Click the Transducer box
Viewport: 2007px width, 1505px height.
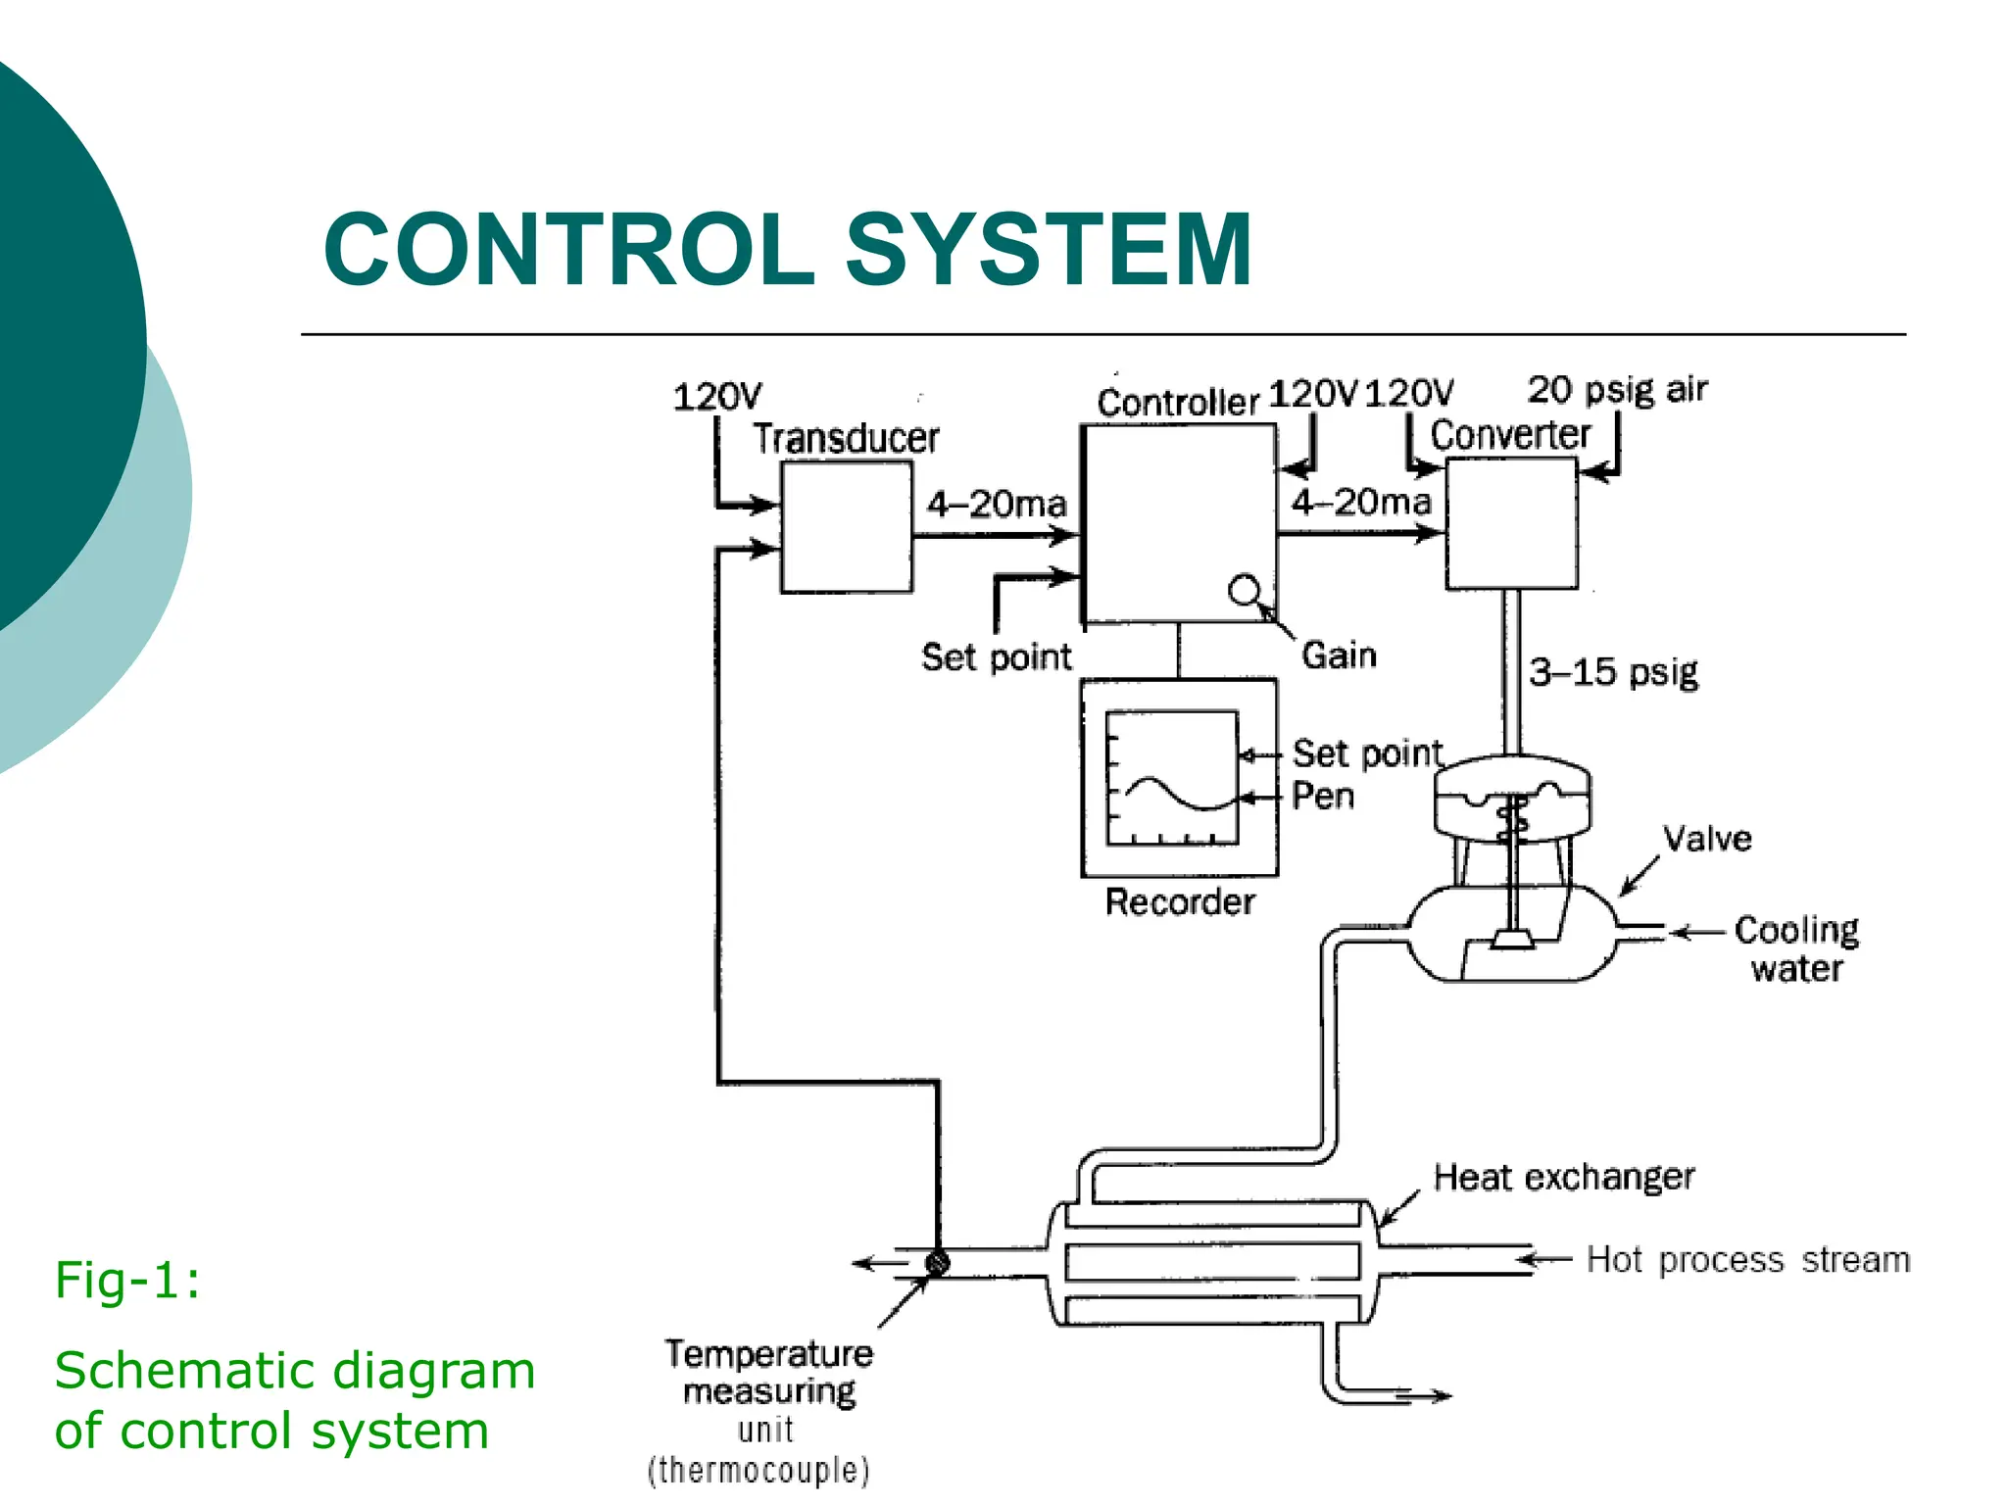[846, 527]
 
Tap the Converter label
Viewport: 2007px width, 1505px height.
[1509, 435]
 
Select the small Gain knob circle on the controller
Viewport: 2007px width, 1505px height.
[1244, 590]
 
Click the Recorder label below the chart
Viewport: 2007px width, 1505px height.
[1179, 901]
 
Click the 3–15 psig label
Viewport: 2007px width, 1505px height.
[1613, 672]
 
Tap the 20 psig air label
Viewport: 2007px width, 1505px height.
[1617, 390]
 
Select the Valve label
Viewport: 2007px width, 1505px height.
[1706, 839]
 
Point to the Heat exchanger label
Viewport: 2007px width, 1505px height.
[1563, 1177]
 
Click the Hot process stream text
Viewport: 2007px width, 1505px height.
[1747, 1260]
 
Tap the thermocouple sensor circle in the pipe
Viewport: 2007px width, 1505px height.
[937, 1262]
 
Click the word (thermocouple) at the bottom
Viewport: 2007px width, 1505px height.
[759, 1471]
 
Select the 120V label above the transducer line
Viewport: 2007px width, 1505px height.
[716, 397]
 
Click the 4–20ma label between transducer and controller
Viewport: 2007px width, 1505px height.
[996, 505]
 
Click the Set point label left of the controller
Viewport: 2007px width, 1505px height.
[996, 656]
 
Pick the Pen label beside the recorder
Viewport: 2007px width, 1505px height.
[1322, 796]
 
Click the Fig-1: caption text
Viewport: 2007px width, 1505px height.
[127, 1280]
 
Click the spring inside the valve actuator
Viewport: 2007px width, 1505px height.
[1512, 819]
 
